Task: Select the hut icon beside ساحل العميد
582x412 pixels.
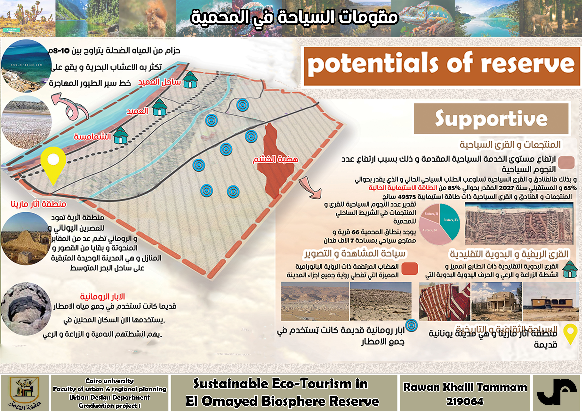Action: click(x=190, y=80)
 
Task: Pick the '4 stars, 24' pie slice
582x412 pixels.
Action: click(x=431, y=232)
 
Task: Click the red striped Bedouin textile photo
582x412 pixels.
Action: click(x=444, y=301)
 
